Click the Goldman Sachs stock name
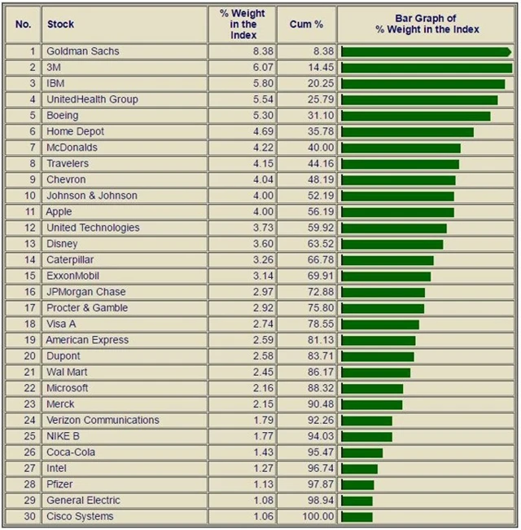pos(82,51)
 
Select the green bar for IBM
pos(423,84)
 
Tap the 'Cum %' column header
pos(306,24)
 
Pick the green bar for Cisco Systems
pos(357,516)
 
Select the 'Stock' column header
pos(60,24)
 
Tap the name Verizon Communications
pos(103,420)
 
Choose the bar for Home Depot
pos(408,132)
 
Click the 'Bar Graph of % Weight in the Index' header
pos(427,24)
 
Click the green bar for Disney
pos(392,244)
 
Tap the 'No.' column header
pos(23,24)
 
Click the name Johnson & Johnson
pos(91,196)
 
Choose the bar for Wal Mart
pos(376,372)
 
